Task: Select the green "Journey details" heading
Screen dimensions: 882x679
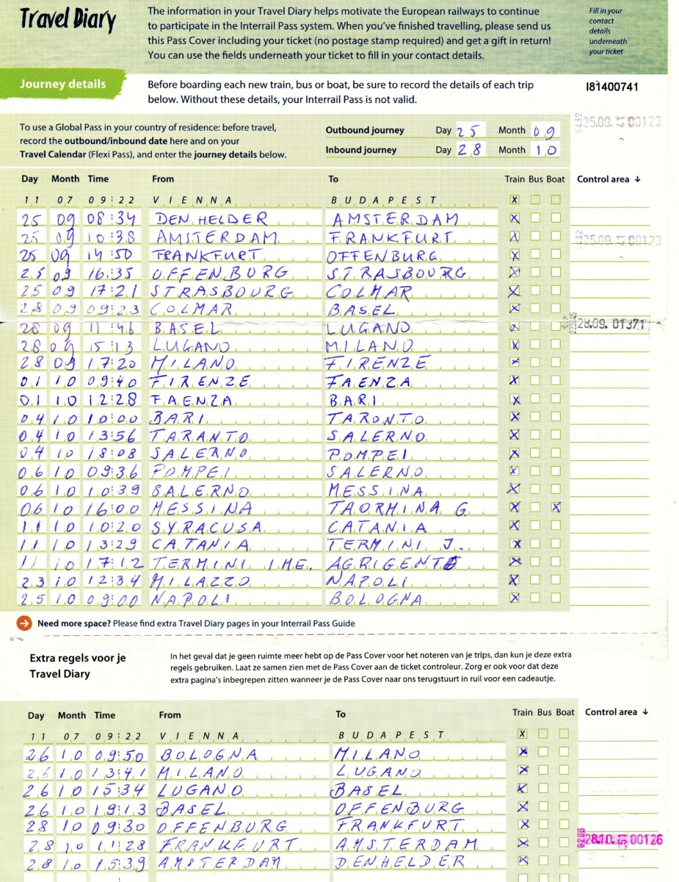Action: point(63,84)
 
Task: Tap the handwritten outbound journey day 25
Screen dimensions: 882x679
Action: point(469,131)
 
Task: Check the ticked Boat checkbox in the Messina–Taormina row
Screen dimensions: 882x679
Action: point(556,506)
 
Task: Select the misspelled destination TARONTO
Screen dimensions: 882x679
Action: point(375,417)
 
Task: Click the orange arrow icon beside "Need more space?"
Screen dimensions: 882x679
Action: point(24,623)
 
